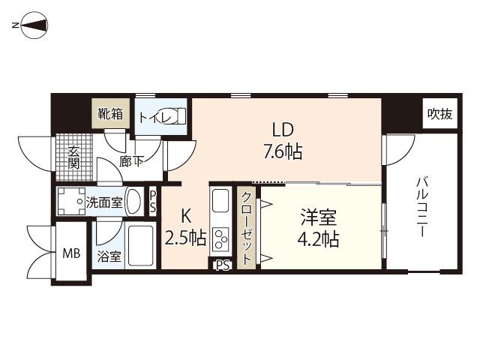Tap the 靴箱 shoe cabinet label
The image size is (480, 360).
[x=109, y=114]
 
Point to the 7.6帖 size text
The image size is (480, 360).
[x=282, y=151]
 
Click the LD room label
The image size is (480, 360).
[x=282, y=129]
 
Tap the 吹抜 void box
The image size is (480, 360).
[x=439, y=114]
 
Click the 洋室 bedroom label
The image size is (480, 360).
[x=319, y=218]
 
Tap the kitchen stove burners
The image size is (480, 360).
[x=221, y=239]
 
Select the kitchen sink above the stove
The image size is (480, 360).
[x=220, y=202]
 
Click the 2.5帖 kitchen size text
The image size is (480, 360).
[x=185, y=238]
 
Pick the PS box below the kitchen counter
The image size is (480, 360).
[x=221, y=265]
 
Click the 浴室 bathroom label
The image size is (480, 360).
[x=109, y=256]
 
